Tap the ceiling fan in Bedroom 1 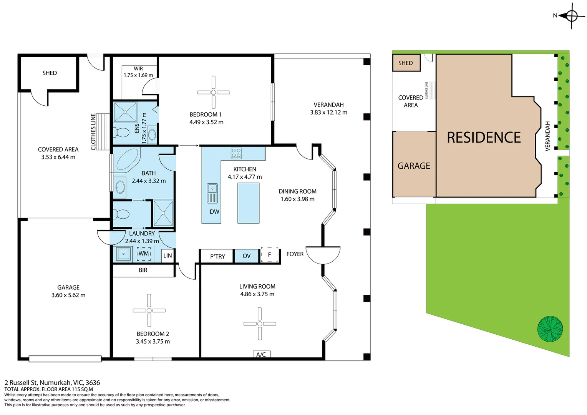coord(214,92)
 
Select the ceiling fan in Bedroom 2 coord(149,310)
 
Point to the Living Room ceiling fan coord(260,324)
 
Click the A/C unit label coord(261,354)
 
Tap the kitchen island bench coord(249,203)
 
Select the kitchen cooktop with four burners coord(236,153)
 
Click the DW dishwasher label coord(214,212)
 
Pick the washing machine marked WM coord(144,254)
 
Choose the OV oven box coord(246,256)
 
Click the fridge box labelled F coord(269,254)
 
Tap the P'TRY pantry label coord(217,256)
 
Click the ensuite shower coord(126,112)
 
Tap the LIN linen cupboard coord(167,256)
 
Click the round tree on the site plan coord(550,329)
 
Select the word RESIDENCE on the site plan coord(484,138)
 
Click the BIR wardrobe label coord(143,270)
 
